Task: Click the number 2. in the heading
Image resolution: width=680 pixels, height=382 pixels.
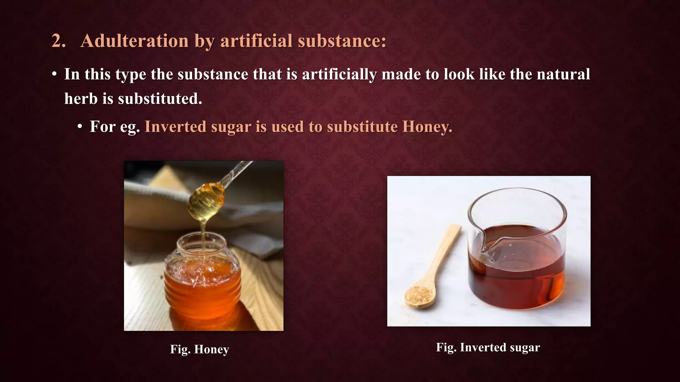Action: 58,41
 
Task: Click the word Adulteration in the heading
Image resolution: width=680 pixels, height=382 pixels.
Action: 134,41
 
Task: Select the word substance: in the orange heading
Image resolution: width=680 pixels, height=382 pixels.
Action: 342,41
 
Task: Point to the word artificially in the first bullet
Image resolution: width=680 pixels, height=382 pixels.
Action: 339,74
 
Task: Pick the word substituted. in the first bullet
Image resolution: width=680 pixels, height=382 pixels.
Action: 160,99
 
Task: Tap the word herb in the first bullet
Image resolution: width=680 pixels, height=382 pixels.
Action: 81,99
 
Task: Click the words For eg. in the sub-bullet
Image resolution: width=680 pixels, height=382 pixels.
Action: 115,127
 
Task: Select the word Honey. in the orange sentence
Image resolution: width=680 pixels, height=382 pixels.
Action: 427,127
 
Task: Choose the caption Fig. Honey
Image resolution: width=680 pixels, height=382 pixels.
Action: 200,350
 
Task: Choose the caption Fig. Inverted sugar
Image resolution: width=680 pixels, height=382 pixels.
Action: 488,348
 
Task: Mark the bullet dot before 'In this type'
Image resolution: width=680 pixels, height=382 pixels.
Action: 54,74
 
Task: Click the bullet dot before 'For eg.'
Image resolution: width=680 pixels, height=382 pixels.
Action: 80,127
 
